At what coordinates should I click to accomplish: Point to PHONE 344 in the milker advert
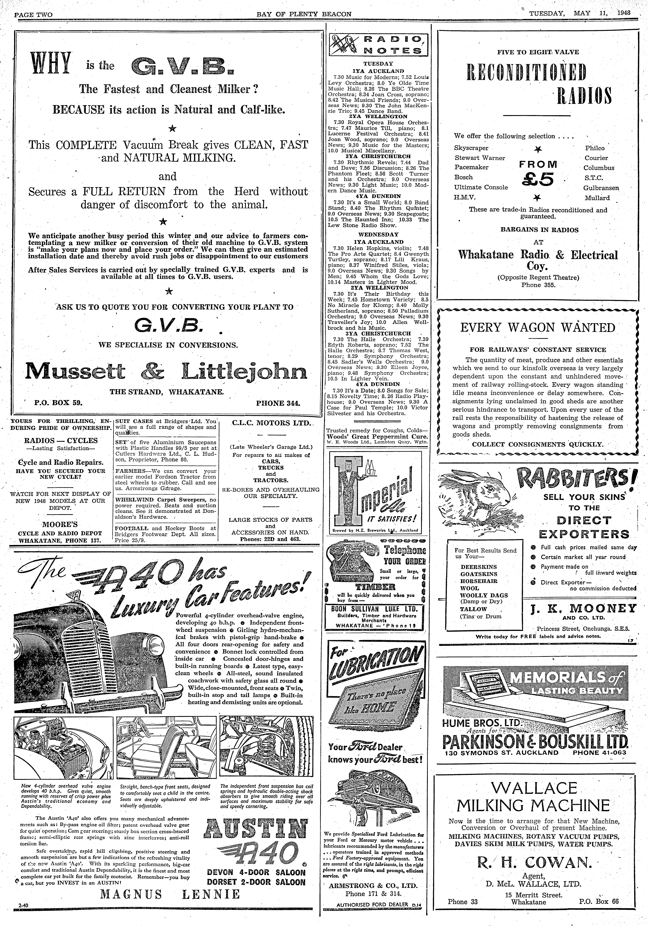coord(281,403)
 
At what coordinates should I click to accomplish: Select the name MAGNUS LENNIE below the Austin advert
coord(170,905)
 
